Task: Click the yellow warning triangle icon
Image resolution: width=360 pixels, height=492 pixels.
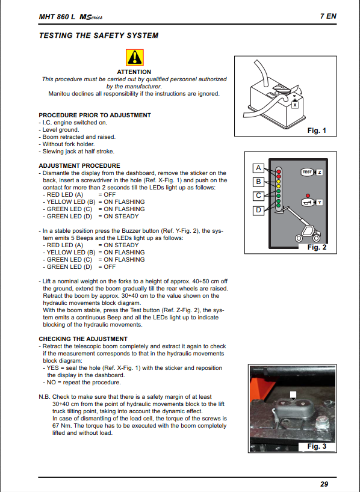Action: (135, 57)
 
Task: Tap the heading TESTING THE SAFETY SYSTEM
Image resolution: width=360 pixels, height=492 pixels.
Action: (99, 35)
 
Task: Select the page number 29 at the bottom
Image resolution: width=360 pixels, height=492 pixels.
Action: (324, 484)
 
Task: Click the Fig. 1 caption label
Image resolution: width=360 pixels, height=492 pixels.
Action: (317, 130)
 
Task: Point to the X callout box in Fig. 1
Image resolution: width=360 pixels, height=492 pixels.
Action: (294, 105)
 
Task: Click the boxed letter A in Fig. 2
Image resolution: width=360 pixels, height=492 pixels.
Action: (258, 168)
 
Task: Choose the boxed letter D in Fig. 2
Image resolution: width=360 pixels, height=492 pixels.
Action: (258, 211)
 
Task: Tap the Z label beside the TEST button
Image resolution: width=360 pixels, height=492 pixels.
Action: (320, 172)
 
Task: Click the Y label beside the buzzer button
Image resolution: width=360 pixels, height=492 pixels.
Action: (320, 202)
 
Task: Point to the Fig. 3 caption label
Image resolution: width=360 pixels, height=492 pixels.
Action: (317, 446)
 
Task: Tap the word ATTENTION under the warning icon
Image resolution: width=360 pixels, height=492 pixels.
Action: (134, 72)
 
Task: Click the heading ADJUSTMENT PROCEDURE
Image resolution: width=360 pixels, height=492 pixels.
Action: (79, 165)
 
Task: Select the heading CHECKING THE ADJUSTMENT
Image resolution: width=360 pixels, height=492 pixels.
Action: (83, 339)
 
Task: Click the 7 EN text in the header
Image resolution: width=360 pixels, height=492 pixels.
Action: (328, 16)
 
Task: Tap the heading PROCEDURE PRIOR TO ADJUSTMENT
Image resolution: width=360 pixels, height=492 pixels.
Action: (95, 115)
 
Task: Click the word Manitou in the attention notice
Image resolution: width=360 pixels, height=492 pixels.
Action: (59, 93)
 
